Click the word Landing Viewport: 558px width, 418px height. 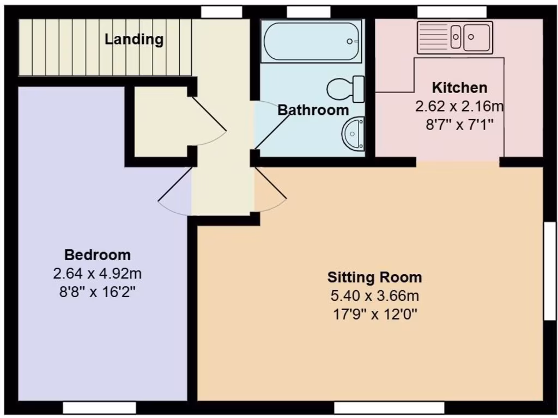coord(134,39)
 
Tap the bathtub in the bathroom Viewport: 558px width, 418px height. coord(311,41)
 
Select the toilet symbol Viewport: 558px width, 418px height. coord(347,89)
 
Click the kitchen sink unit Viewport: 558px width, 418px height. coord(454,38)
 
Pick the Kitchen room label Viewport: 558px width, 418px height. coord(459,88)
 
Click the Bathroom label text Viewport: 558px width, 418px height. coord(313,110)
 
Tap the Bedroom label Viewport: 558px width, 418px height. coord(98,255)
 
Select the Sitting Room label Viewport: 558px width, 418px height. coord(374,278)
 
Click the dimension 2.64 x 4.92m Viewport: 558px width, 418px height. coord(98,273)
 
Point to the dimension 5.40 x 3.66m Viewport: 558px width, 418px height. coord(374,296)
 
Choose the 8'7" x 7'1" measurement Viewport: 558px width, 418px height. coord(459,124)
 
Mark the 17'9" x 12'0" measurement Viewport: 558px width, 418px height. coord(374,315)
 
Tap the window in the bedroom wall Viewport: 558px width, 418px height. coord(99,408)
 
